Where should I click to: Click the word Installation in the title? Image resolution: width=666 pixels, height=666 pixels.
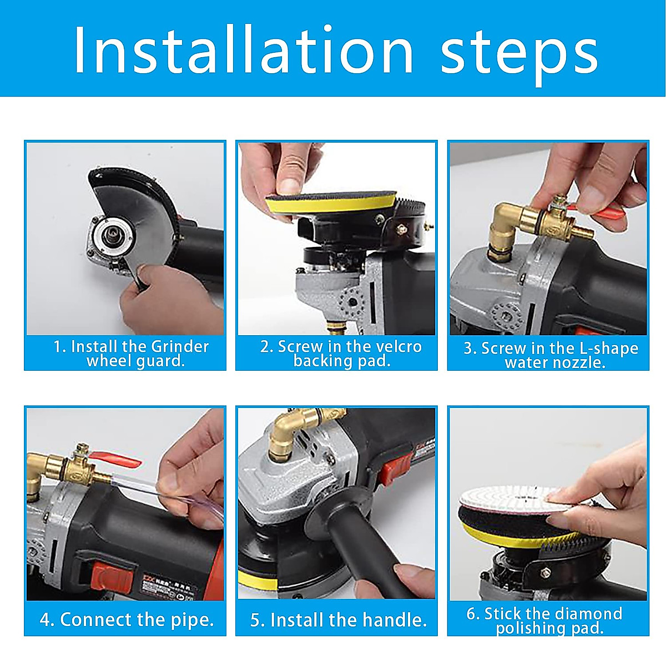(x=244, y=49)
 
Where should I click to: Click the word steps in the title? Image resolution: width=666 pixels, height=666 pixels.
(x=519, y=56)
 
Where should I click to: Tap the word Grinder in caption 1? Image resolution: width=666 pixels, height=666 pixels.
(x=180, y=347)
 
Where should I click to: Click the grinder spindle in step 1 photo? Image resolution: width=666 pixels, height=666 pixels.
(x=113, y=235)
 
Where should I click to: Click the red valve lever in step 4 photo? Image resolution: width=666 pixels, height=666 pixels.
(x=115, y=460)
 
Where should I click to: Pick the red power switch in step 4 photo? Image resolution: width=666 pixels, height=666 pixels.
(x=112, y=576)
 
